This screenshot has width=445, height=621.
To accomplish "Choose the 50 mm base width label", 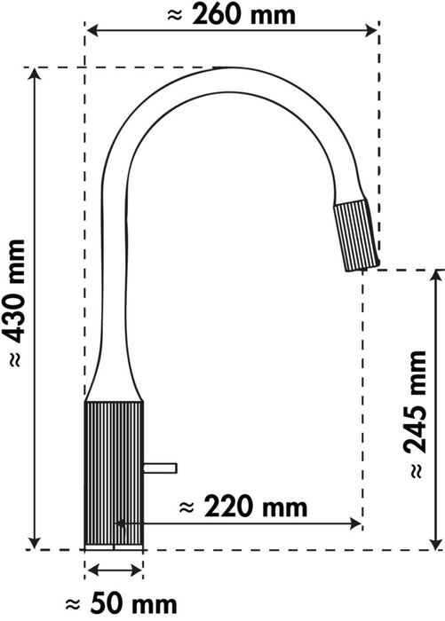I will pos(113,604).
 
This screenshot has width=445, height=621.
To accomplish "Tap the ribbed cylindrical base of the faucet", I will pos(114,470).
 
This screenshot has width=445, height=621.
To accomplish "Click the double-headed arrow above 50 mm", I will pos(113,572).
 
